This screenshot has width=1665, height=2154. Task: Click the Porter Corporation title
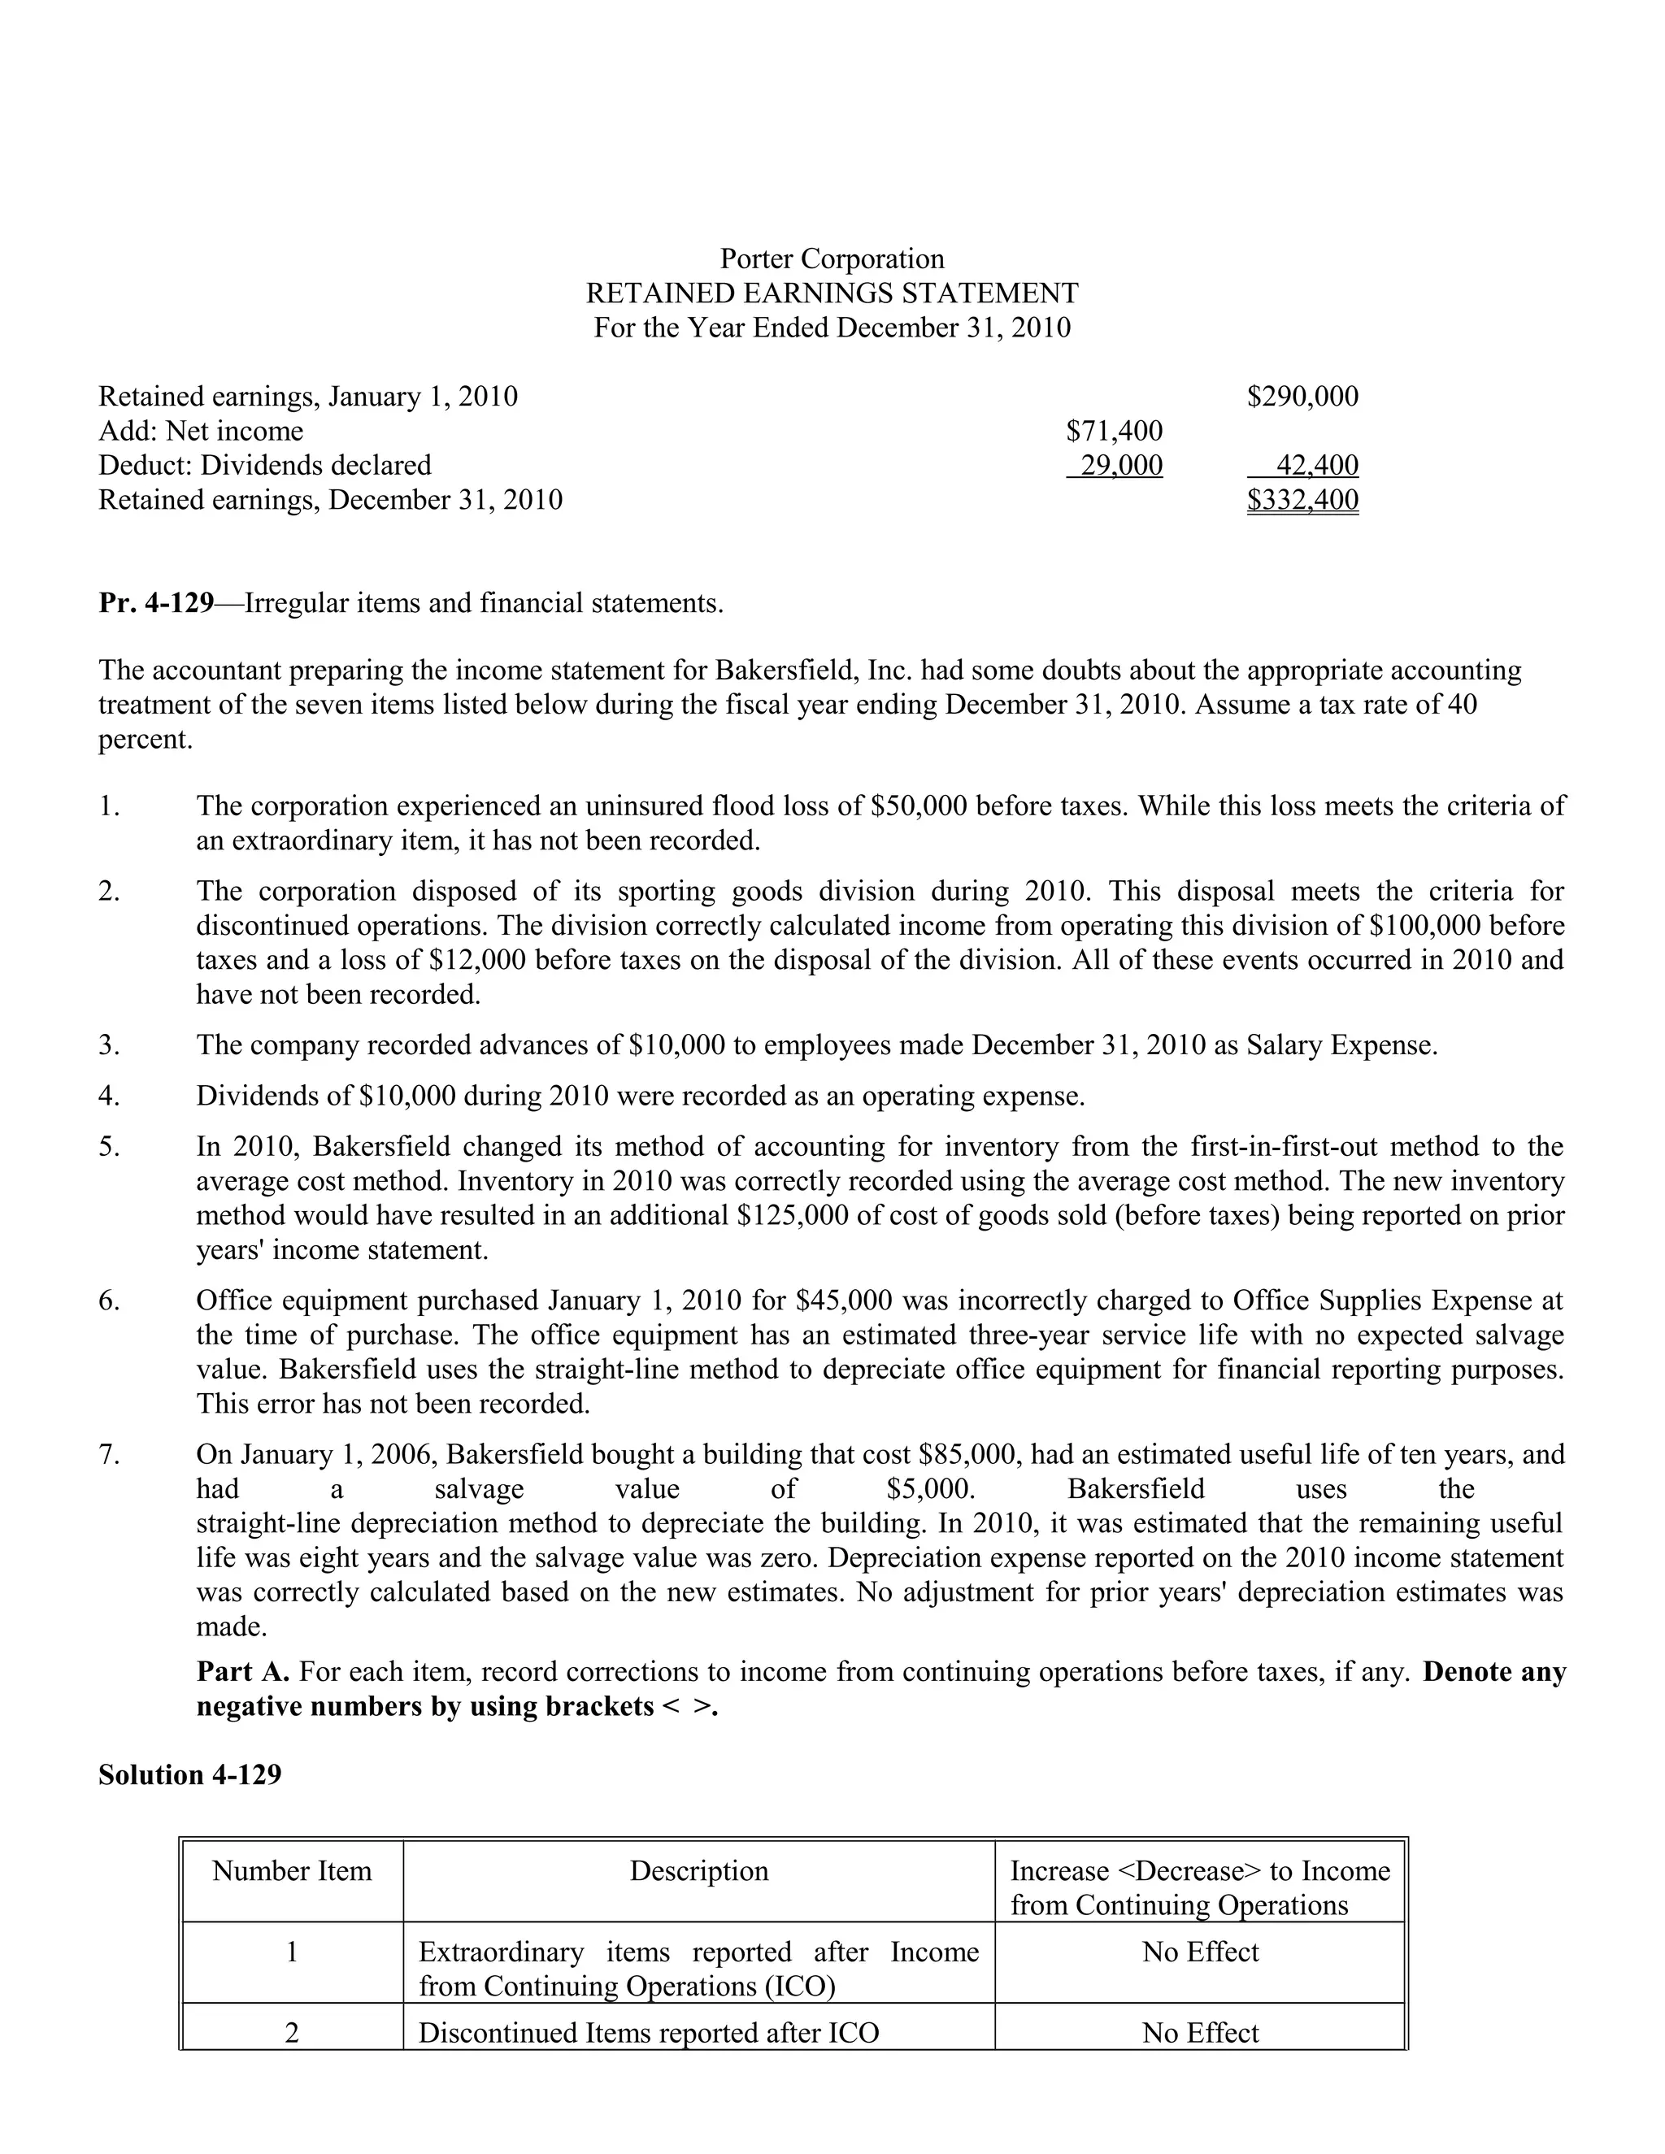(832, 258)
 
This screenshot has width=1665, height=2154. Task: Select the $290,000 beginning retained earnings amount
(1302, 397)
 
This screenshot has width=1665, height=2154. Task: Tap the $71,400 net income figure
(1115, 431)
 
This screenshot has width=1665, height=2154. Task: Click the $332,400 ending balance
(1302, 500)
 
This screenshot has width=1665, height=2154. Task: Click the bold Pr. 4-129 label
(156, 602)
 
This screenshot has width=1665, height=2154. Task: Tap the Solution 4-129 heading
(189, 1774)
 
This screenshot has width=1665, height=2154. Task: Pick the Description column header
(698, 1871)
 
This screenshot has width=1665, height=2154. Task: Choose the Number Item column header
(292, 1871)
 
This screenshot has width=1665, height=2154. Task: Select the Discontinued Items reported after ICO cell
(648, 2033)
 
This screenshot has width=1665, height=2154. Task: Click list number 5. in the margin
(110, 1146)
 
